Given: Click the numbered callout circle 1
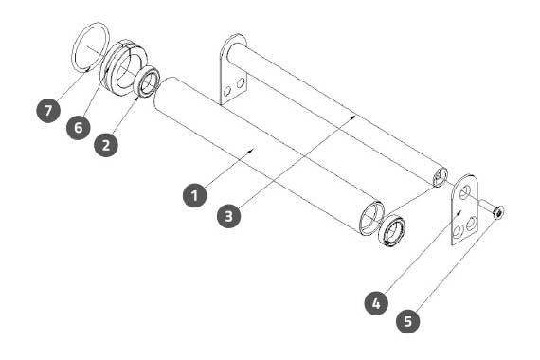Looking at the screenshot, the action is pos(194,195).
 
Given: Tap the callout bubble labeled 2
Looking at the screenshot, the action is pos(106,145).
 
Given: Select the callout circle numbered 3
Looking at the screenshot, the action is pos(229,216).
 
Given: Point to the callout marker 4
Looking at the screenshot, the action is pos(376,303).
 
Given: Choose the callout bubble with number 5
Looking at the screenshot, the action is pos(408,321).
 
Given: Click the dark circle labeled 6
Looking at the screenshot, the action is pos(79,128).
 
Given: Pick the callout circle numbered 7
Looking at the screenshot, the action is pos(48,110).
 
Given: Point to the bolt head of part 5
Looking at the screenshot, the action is pos(498,212).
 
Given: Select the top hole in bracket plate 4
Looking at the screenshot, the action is pos(465,191).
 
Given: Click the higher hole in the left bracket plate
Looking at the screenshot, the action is pos(241,82).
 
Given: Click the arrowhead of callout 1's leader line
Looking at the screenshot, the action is pos(253,150).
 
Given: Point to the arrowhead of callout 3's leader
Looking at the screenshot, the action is pos(353,117).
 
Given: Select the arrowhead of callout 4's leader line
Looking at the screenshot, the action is pos(459,213).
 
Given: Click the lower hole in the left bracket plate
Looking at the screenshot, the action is pos(227,91).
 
